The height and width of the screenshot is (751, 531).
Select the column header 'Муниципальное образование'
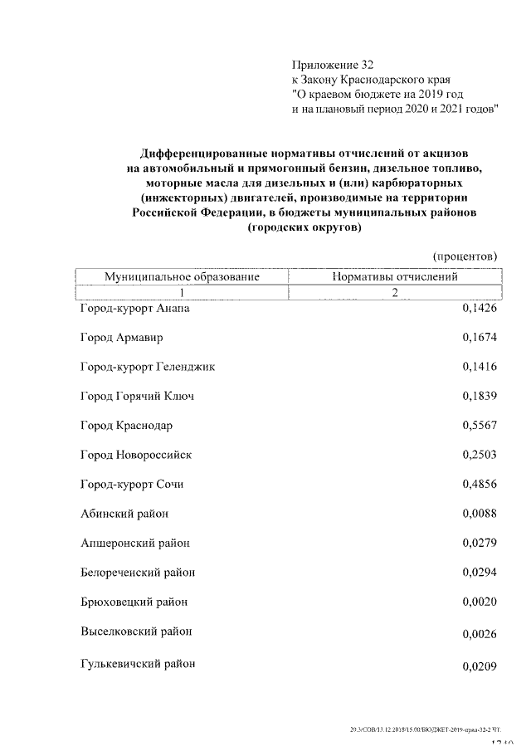tap(182, 276)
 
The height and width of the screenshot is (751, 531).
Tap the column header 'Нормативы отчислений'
tap(395, 276)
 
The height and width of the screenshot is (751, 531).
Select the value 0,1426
tap(479, 309)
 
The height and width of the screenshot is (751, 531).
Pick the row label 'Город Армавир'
tap(122, 338)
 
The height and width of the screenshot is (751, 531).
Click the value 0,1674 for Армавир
tap(479, 338)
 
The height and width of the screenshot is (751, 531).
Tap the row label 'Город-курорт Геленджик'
tap(148, 367)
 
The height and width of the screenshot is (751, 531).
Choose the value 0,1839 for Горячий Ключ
tap(479, 397)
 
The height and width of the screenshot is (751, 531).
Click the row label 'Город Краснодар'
tap(127, 426)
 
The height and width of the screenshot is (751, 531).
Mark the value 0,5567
tap(479, 426)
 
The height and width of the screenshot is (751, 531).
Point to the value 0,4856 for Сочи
tap(479, 485)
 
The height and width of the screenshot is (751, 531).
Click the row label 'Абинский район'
tap(124, 514)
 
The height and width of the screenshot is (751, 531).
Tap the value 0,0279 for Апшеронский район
tap(479, 544)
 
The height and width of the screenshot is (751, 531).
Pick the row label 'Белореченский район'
tap(138, 573)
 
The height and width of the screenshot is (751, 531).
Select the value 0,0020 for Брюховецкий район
tap(479, 602)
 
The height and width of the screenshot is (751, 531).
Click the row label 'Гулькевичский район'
tap(139, 663)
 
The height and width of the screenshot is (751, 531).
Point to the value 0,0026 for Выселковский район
tap(479, 636)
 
